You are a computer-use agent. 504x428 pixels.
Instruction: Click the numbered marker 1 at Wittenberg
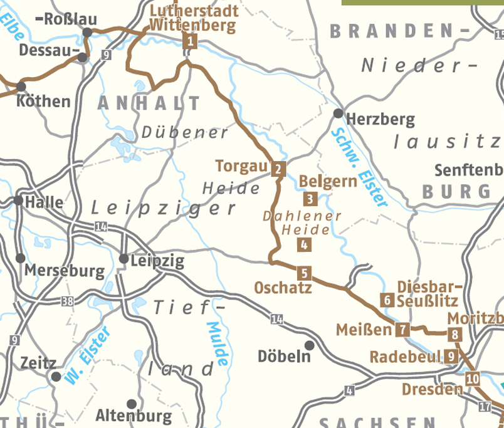point(190,42)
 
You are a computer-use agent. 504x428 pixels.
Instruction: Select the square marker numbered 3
point(310,200)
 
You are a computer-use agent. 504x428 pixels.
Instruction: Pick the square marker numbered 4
point(304,245)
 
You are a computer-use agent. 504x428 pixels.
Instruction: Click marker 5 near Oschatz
point(303,273)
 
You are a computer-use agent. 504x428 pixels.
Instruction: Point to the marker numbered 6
point(387,300)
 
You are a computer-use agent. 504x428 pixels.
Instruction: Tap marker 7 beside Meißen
point(402,328)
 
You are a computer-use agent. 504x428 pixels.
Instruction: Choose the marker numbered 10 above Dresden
point(473,378)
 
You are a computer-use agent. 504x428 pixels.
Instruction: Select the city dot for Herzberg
point(339,113)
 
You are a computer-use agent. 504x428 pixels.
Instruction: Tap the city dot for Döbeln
point(309,345)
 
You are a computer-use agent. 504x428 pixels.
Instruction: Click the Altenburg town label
point(134,415)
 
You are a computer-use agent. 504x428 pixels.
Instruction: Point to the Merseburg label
point(65,271)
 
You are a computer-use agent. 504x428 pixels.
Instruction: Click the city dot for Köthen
point(22,86)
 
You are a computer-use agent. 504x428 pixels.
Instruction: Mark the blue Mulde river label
point(218,344)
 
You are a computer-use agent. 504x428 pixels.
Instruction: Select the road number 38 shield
point(68,301)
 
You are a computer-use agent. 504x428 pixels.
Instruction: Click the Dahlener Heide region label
point(302,222)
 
